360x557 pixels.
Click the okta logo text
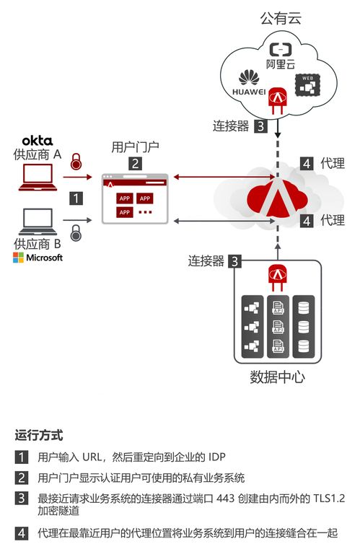click(x=37, y=139)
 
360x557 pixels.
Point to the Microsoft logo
click(x=38, y=258)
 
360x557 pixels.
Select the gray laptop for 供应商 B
click(x=38, y=220)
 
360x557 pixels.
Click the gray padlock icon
click(x=76, y=232)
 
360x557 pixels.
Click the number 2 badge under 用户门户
click(x=135, y=164)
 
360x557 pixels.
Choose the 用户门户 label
click(x=135, y=147)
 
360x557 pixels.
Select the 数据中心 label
click(x=277, y=376)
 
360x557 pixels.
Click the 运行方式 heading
click(x=39, y=436)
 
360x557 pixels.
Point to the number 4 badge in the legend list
click(x=22, y=534)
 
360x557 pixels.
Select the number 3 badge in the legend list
click(x=22, y=499)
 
